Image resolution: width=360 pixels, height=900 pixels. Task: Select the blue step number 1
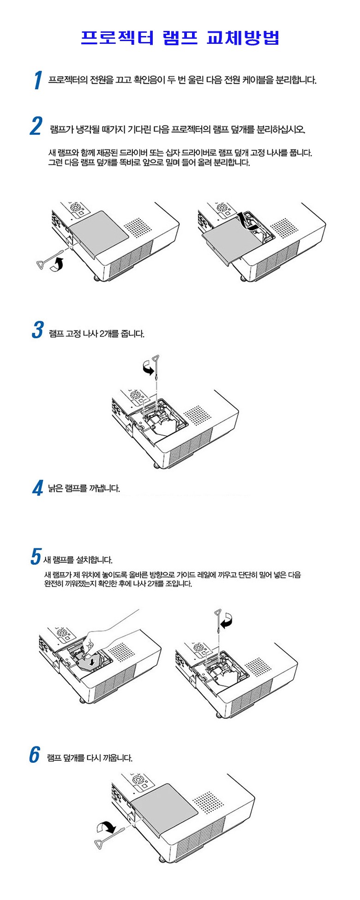[x=38, y=80]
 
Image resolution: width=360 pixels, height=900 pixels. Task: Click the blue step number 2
[x=36, y=126]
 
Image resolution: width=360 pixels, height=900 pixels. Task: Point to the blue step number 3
[x=37, y=330]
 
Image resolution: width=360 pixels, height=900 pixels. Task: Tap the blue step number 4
[x=38, y=488]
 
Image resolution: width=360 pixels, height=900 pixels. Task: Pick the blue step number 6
[x=35, y=755]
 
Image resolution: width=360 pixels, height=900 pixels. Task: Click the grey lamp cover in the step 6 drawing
[x=164, y=808]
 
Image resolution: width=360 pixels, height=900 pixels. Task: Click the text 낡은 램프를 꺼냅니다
[x=84, y=488]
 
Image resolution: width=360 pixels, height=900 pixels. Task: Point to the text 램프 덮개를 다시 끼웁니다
[x=90, y=758]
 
